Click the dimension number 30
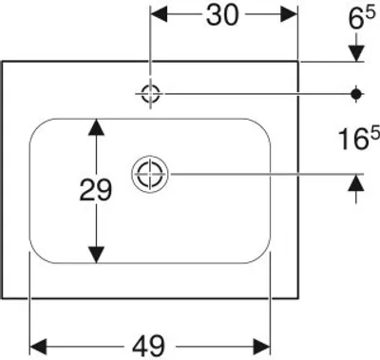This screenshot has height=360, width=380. [x=221, y=15]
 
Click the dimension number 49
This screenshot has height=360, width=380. [x=149, y=346]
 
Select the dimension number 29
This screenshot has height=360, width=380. [x=96, y=190]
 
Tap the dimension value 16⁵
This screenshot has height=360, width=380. [x=358, y=139]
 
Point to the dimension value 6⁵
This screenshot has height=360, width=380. [x=362, y=18]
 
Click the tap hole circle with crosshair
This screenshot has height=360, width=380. [x=150, y=94]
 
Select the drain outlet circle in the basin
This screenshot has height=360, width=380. [x=150, y=174]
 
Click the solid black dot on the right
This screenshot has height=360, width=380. [x=356, y=94]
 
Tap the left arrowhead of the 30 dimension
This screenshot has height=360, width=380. [x=159, y=14]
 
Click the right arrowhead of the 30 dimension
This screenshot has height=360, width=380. [x=289, y=14]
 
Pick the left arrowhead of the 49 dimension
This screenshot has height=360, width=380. [x=38, y=346]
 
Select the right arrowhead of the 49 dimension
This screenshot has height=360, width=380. [x=261, y=346]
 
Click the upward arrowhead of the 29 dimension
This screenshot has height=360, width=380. [x=96, y=127]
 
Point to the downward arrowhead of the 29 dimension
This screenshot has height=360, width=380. [x=96, y=255]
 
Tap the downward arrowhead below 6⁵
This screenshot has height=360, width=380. [x=356, y=53]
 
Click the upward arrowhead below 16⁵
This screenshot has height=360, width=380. [x=356, y=182]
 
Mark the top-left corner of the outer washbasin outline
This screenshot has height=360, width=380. [x=3, y=62]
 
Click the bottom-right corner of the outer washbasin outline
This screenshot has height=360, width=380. [x=298, y=298]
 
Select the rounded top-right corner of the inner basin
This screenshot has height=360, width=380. [x=263, y=126]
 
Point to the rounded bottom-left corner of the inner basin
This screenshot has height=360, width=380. [x=37, y=256]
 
